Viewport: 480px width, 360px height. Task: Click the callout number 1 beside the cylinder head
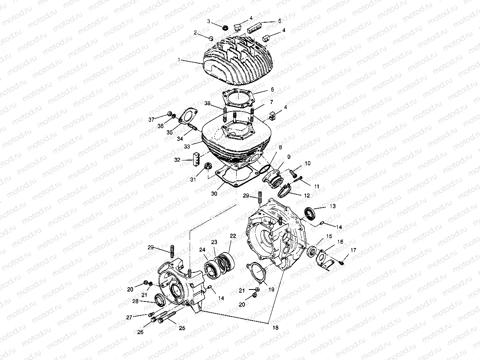180,59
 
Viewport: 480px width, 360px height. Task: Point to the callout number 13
332,206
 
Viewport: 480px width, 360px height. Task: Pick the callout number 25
182,329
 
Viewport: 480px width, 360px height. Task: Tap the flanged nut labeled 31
207,167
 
